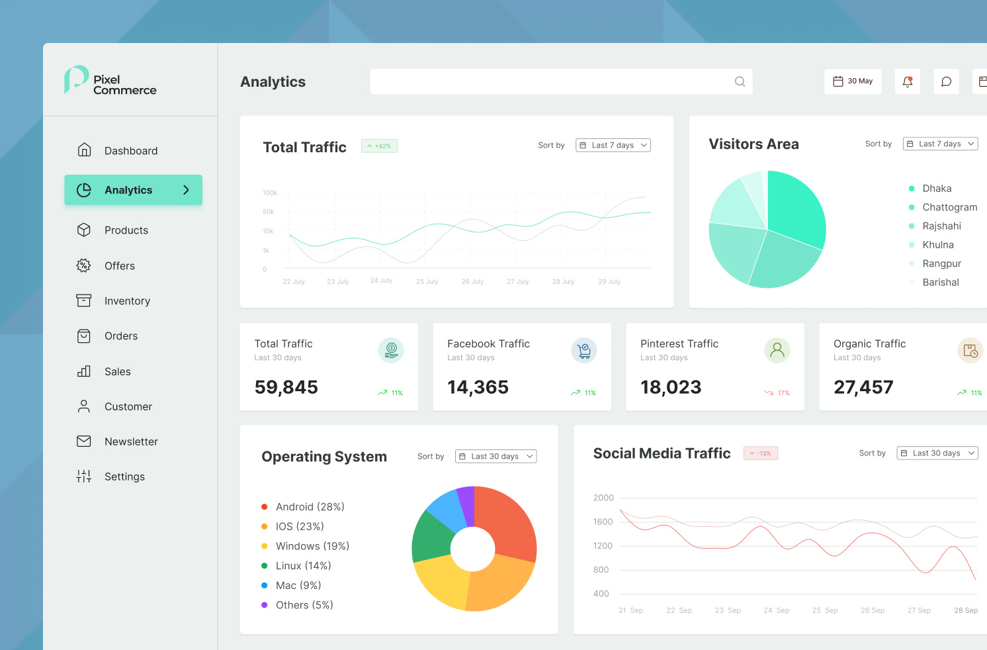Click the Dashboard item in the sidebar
pos(130,151)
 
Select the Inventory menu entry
pos(127,301)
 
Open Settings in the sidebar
pos(124,477)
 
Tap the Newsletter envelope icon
pos(84,441)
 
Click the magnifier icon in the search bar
pos(740,81)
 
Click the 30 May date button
pos(853,81)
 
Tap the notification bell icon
pos(908,81)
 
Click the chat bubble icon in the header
pos(946,81)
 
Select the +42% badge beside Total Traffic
pos(379,146)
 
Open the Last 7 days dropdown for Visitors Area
pos(940,144)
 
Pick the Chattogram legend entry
pos(949,207)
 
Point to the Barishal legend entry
pos(940,283)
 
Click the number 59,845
pos(286,387)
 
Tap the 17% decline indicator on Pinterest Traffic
pos(778,393)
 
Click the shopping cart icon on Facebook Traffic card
pos(584,351)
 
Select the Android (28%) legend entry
pos(310,507)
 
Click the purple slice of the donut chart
pos(467,504)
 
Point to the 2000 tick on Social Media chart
pos(603,498)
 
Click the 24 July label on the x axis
pos(381,281)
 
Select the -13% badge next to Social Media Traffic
pos(761,453)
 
